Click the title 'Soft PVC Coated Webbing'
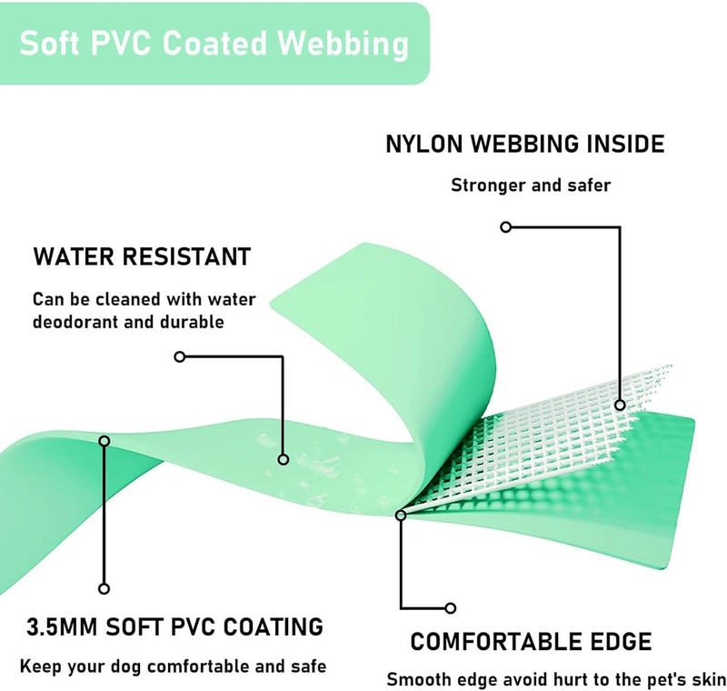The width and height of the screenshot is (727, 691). point(214,44)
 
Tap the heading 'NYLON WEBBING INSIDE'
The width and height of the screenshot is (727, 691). point(525,144)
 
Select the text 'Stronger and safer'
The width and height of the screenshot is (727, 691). point(531,185)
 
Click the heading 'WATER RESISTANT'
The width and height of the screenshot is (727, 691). point(142,256)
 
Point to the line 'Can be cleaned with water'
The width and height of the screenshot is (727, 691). point(144,300)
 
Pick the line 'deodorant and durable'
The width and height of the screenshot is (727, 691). point(128,322)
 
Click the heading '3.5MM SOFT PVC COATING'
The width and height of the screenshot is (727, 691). point(174,627)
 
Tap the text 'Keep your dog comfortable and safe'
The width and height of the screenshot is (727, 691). point(173,666)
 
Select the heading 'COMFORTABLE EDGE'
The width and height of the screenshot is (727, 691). point(531,642)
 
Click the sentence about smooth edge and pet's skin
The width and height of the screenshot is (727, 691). point(556,680)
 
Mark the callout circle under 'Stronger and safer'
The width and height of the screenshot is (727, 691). point(506,226)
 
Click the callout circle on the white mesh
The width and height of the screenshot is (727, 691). point(620,406)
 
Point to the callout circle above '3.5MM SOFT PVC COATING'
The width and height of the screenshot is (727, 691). point(104,588)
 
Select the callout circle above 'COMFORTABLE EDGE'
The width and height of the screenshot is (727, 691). point(450,608)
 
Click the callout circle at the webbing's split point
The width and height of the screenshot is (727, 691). point(401,515)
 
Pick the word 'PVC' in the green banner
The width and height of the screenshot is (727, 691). point(122,44)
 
